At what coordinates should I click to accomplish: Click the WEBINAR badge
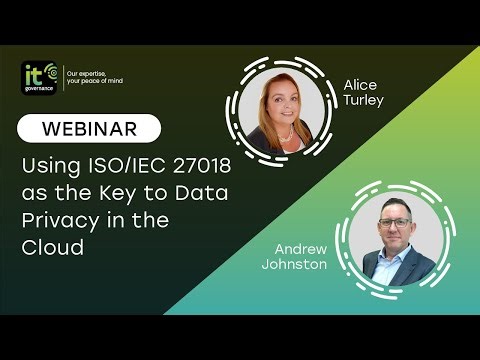point(89,128)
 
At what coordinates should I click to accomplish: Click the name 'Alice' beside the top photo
point(360,85)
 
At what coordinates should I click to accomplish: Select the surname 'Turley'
point(362,101)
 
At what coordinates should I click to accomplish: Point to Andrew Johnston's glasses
point(398,220)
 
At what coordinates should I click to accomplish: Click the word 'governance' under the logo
point(38,87)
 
